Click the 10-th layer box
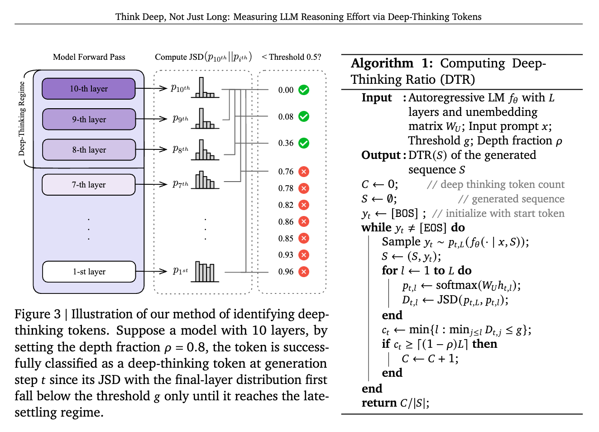coord(89,89)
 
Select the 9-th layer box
coord(89,120)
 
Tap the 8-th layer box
coord(89,150)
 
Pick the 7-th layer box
coord(89,185)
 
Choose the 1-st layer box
coord(89,272)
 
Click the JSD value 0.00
coord(286,90)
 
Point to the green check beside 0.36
coord(304,143)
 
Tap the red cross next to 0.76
coord(304,172)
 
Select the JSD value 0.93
coord(286,255)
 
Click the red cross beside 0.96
coord(304,272)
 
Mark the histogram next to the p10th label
coord(205,88)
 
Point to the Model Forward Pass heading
coord(89,57)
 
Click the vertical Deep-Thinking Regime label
coord(22,119)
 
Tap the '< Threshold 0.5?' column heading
coord(291,57)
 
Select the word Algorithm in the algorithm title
coord(382,63)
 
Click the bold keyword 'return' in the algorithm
coord(379,403)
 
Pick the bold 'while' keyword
coord(376,227)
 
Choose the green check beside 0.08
coord(304,117)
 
